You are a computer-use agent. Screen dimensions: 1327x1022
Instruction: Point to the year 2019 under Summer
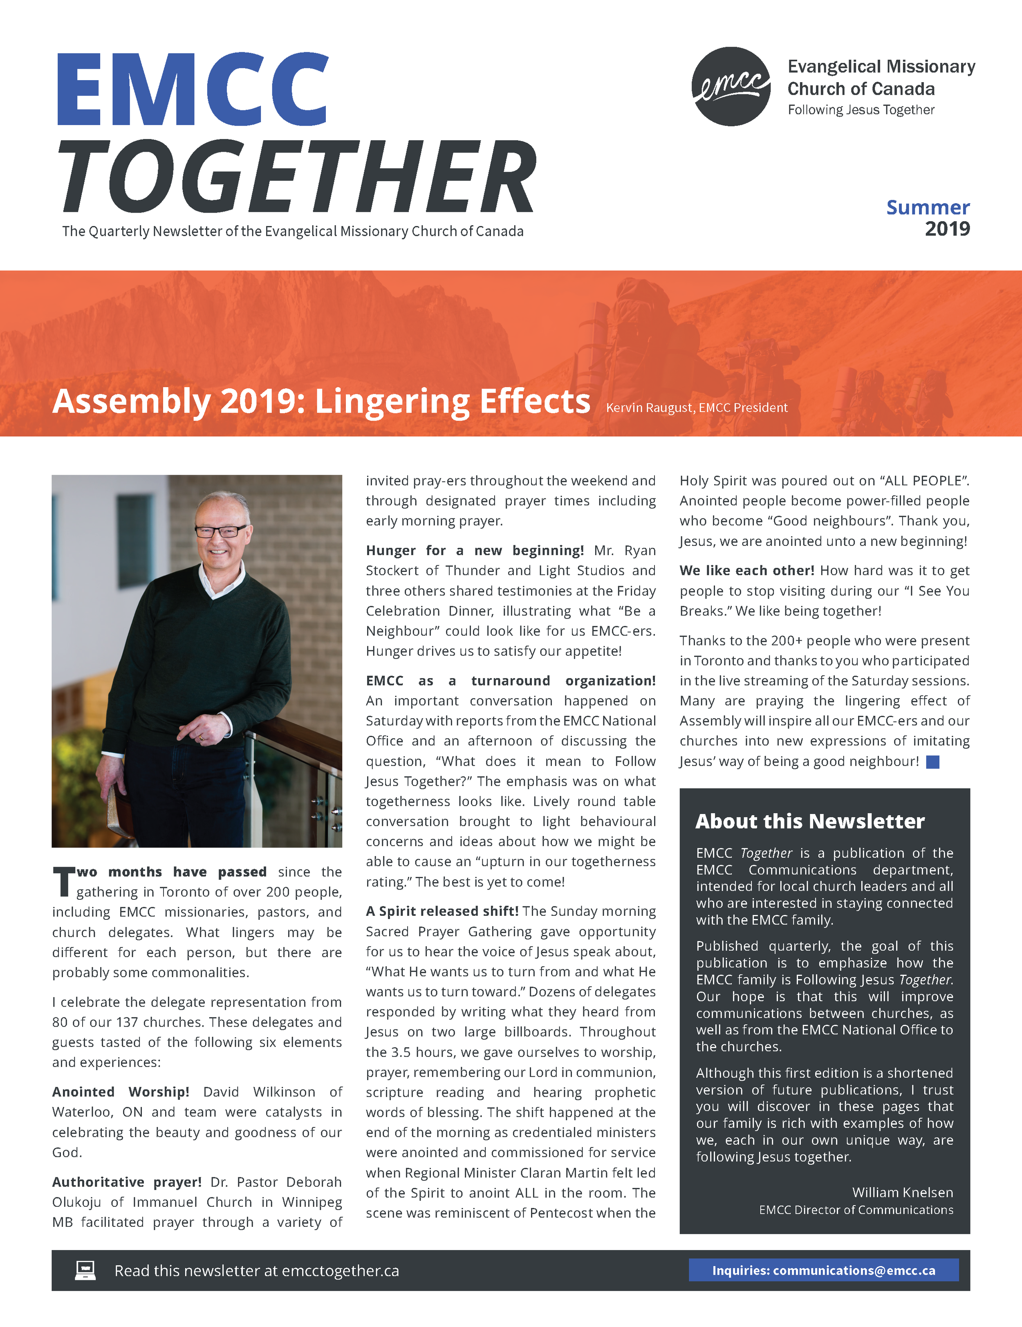click(947, 229)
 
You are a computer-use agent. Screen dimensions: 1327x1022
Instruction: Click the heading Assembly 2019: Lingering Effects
click(321, 401)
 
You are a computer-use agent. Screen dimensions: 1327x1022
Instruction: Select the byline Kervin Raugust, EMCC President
click(696, 408)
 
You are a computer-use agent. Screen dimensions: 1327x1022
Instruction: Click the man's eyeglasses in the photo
click(221, 531)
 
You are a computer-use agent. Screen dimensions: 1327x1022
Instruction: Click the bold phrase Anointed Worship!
click(120, 1092)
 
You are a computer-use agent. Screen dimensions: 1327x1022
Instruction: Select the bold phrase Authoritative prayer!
click(126, 1182)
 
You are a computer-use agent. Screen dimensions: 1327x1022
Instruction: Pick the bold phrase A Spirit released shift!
click(442, 911)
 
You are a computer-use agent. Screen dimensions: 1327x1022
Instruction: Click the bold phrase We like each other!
click(746, 571)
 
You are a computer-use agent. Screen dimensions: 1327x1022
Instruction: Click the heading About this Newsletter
click(809, 821)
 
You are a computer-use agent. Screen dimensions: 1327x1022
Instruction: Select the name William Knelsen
click(902, 1192)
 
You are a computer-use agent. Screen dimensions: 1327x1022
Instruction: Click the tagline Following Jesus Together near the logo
click(861, 110)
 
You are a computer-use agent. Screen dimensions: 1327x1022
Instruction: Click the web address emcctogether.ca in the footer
click(340, 1271)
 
